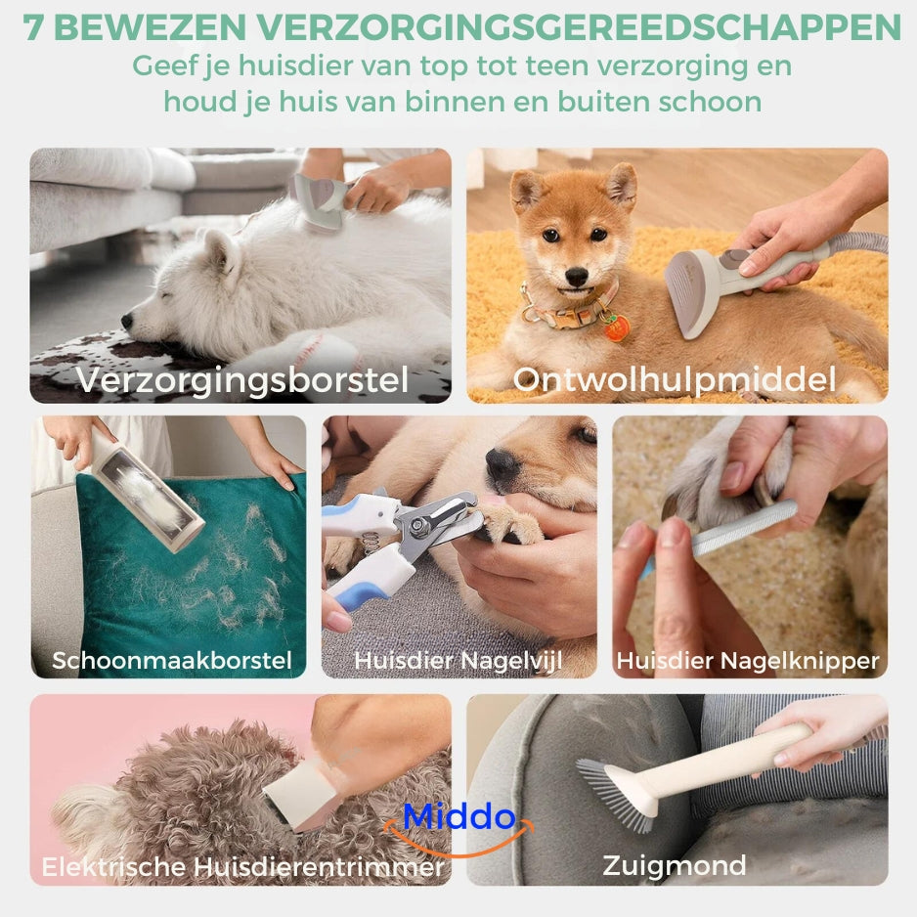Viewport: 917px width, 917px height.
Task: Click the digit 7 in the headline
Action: click(x=33, y=27)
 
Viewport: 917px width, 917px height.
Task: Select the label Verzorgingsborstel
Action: click(x=242, y=380)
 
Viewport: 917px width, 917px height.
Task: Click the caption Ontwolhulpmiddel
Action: click(x=675, y=380)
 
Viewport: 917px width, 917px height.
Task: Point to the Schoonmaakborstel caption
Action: click(x=172, y=660)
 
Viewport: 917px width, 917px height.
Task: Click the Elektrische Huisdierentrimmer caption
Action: click(x=242, y=867)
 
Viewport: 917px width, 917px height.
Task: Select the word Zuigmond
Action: click(x=675, y=866)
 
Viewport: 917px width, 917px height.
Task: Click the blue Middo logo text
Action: click(x=459, y=816)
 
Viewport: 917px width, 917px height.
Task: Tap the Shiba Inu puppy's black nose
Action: click(x=577, y=276)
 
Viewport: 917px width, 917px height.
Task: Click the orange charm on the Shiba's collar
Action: click(x=617, y=327)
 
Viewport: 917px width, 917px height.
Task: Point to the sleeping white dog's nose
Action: click(x=127, y=320)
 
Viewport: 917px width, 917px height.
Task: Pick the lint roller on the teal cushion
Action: click(x=145, y=490)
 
